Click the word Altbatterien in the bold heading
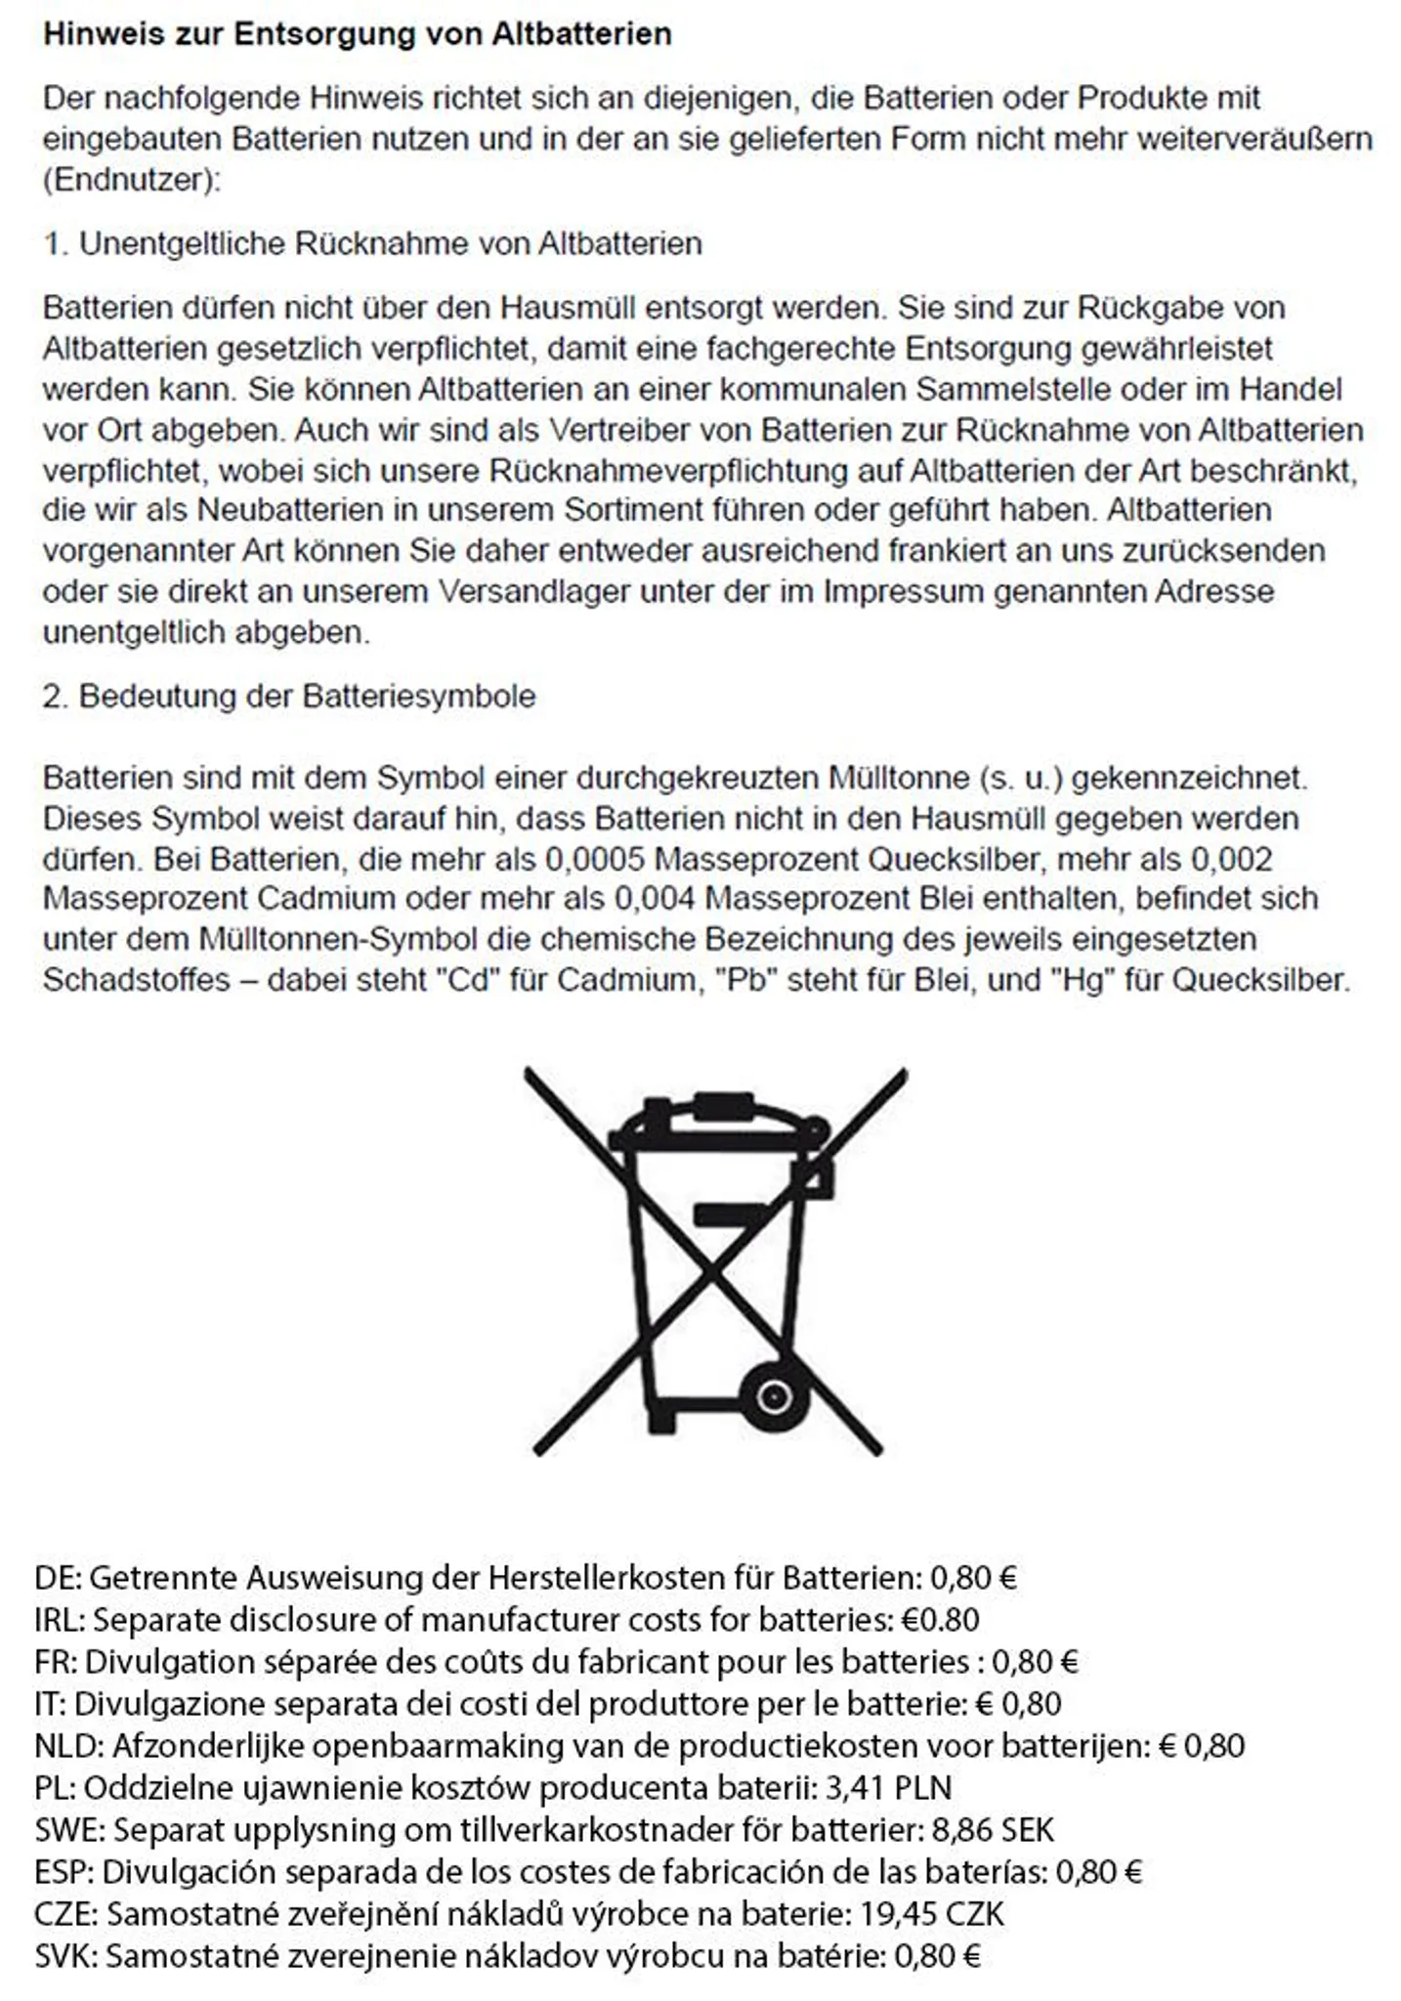pyautogui.click(x=581, y=34)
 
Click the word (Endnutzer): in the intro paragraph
pyautogui.click(x=132, y=181)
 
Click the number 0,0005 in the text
pyautogui.click(x=595, y=860)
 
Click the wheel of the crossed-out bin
pyautogui.click(x=774, y=1396)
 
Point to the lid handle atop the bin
pyautogui.click(x=723, y=1107)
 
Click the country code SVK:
pyautogui.click(x=65, y=1956)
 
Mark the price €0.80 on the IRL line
pyautogui.click(x=939, y=1620)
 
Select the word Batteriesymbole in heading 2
pyautogui.click(x=419, y=697)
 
